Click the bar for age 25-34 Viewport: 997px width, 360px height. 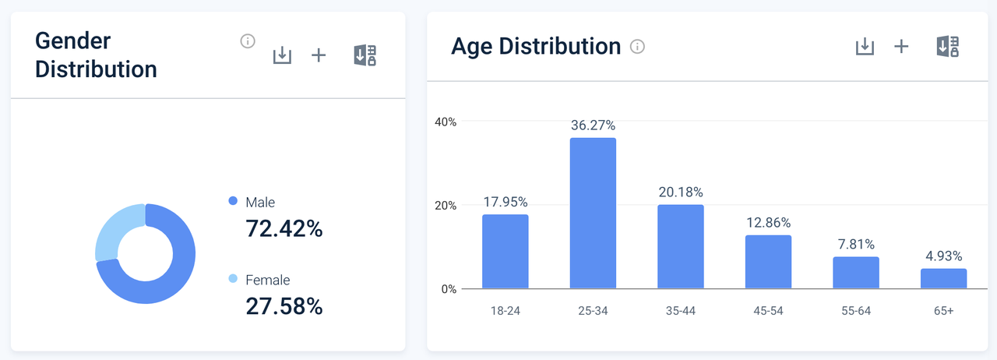[x=593, y=214]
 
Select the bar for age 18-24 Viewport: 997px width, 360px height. [x=505, y=252]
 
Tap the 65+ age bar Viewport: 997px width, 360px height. [x=943, y=279]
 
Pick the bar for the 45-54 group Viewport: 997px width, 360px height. [x=768, y=262]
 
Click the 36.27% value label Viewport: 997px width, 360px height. [x=593, y=125]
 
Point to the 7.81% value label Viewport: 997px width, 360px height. [x=855, y=244]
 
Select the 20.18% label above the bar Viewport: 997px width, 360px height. [x=680, y=192]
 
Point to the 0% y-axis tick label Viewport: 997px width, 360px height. [x=449, y=289]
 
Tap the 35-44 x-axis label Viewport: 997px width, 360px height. [x=680, y=311]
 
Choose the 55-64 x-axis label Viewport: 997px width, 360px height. [x=855, y=311]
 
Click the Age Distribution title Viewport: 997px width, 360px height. [x=536, y=46]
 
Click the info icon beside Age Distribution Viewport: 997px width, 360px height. [x=637, y=47]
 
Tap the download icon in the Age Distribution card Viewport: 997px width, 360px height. [x=865, y=47]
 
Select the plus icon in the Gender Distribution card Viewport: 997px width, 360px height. [x=318, y=55]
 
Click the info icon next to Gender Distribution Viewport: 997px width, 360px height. [x=248, y=41]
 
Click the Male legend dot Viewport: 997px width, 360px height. [x=233, y=202]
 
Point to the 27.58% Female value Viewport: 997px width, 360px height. [x=284, y=306]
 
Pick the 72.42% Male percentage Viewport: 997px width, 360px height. [x=284, y=229]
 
